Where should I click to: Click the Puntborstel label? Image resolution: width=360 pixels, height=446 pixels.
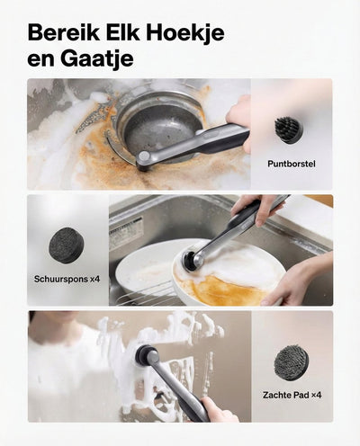[292, 164]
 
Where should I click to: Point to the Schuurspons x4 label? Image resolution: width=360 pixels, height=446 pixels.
[67, 279]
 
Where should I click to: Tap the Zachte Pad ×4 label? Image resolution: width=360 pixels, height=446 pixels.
[292, 395]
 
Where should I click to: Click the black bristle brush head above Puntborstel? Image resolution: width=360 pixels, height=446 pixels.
[289, 130]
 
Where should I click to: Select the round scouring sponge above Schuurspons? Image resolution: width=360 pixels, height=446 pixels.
[67, 245]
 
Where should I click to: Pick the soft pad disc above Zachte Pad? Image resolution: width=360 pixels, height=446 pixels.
[291, 362]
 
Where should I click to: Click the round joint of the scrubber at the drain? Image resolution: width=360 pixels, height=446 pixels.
[144, 156]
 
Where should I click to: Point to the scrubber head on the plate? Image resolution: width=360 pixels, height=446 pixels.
[190, 259]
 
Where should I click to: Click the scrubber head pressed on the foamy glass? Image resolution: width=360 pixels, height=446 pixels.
[146, 353]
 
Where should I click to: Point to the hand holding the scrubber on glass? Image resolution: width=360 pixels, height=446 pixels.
[218, 410]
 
